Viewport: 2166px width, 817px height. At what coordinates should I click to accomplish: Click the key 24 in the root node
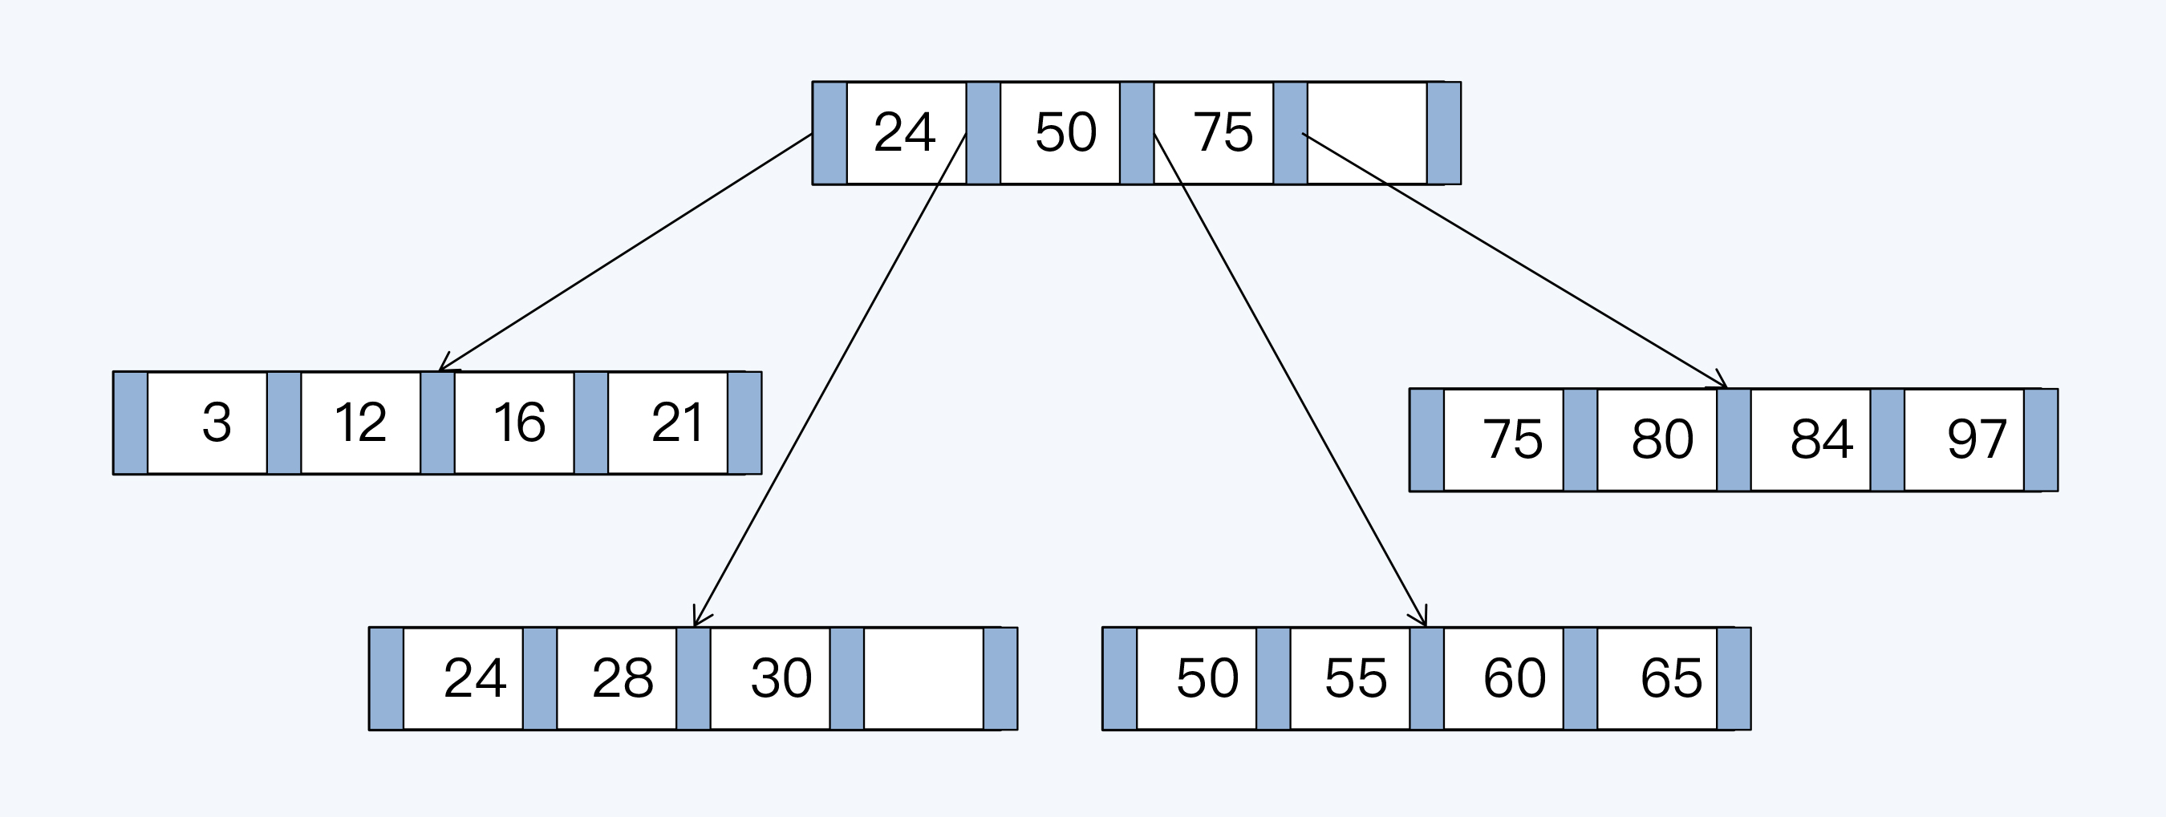(x=905, y=132)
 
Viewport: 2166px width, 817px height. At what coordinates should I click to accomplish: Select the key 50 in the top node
(x=1065, y=132)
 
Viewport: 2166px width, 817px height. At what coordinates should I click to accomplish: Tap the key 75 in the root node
(x=1223, y=132)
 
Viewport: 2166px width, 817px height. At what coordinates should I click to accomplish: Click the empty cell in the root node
(x=1366, y=132)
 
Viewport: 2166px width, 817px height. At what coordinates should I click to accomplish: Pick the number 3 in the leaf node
(x=216, y=422)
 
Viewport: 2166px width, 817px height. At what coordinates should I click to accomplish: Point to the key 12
(x=360, y=422)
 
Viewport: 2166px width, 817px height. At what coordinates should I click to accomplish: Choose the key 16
(x=519, y=422)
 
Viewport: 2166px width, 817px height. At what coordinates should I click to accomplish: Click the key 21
(x=676, y=422)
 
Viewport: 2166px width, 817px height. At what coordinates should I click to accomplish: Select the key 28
(x=623, y=677)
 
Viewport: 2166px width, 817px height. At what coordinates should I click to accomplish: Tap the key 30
(x=781, y=677)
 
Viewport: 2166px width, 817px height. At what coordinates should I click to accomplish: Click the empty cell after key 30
(x=923, y=677)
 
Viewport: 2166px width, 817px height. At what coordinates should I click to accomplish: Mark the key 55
(x=1356, y=677)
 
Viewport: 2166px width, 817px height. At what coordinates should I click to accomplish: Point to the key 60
(x=1514, y=677)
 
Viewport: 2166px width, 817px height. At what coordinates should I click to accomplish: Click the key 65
(x=1671, y=677)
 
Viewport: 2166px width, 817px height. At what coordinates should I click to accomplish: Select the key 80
(x=1661, y=439)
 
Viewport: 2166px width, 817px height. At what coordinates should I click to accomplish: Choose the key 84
(x=1820, y=439)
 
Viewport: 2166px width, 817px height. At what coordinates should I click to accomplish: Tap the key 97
(x=1976, y=439)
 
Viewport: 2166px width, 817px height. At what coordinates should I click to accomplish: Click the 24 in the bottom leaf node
(x=474, y=677)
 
